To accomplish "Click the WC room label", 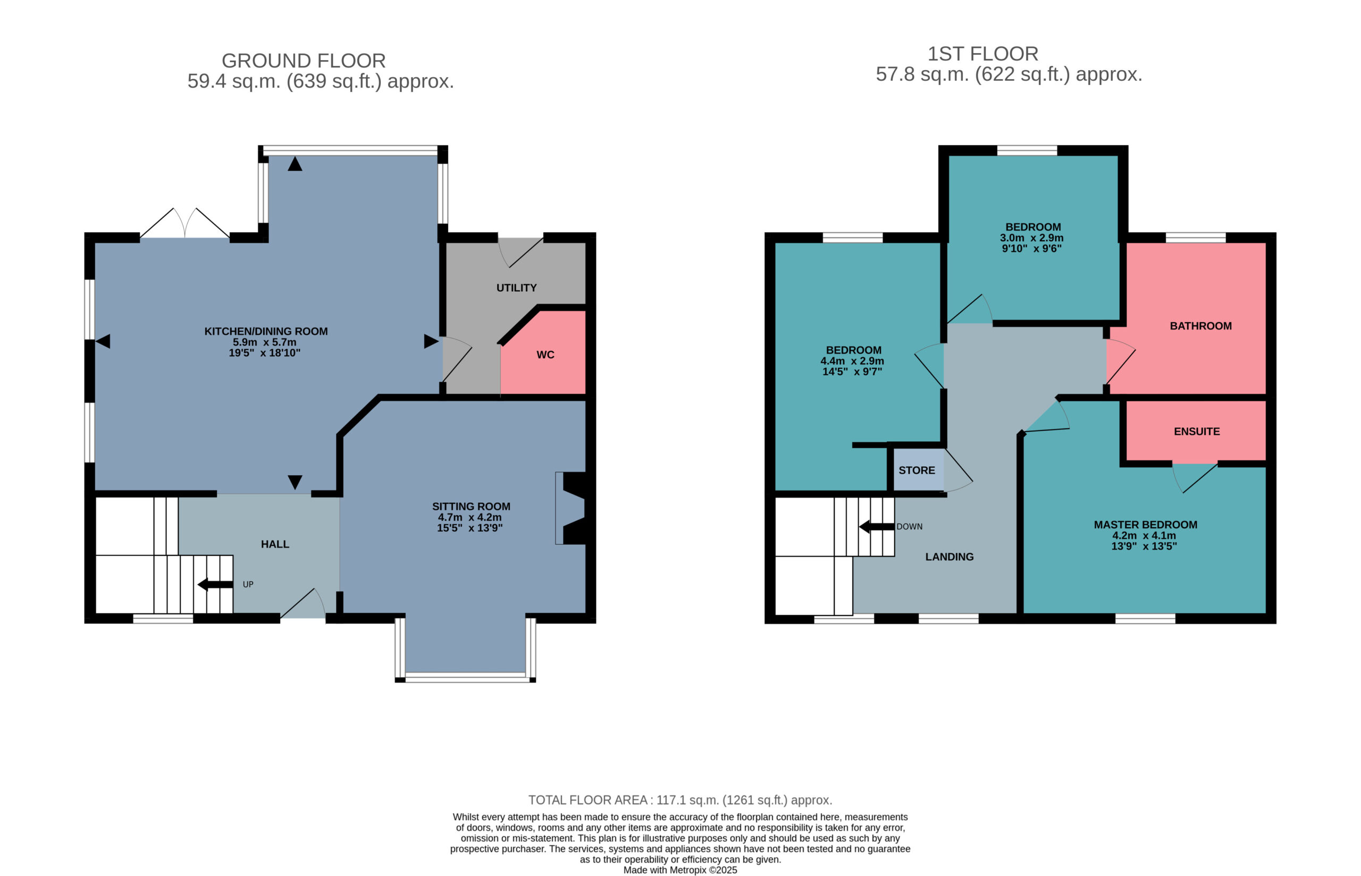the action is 545,355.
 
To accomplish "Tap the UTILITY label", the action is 516,288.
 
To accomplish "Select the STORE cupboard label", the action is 916,470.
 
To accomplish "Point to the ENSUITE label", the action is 1197,432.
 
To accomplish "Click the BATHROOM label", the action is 1200,326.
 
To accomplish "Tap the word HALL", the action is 275,544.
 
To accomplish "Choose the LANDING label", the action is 949,557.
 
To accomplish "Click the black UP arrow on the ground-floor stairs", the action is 215,584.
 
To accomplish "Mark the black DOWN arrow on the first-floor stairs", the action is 877,527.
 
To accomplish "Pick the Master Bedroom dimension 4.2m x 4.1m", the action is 1144,535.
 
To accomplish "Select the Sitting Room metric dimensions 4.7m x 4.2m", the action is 470,518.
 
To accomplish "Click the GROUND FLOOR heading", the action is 304,60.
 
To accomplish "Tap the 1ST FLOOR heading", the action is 983,54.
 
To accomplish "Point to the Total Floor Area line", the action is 680,800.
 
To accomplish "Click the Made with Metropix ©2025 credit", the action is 680,870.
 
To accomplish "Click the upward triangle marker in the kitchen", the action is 295,164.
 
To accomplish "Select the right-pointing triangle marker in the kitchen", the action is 431,341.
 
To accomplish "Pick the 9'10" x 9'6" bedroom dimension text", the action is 1032,249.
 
